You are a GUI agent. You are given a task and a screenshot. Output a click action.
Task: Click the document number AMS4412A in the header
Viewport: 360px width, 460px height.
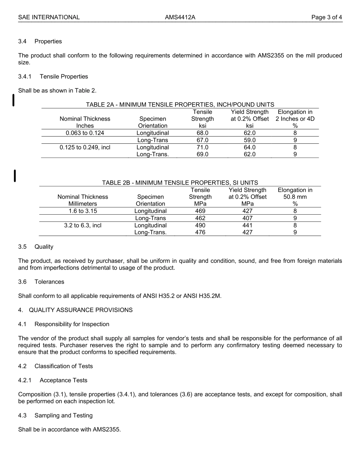180,17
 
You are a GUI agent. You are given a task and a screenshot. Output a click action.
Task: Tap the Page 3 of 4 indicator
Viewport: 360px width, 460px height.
327,17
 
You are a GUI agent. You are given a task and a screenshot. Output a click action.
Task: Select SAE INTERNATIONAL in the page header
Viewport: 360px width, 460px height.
49,17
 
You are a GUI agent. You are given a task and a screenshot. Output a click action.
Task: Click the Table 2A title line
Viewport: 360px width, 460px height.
180,105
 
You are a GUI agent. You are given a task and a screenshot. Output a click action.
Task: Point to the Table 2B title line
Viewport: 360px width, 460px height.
180,183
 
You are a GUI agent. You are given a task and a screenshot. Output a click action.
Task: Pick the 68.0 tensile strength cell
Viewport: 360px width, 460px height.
202,133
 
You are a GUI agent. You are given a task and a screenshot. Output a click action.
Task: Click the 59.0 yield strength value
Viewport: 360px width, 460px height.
249,140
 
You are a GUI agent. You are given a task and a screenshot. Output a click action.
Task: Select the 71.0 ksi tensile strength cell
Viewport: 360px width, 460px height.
202,148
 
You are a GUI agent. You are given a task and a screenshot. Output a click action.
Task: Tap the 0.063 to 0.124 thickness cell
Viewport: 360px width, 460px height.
85,133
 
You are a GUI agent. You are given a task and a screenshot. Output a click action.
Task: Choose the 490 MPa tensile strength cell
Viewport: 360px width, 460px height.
200,225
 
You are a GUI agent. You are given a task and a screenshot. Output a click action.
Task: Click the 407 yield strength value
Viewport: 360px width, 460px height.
247,218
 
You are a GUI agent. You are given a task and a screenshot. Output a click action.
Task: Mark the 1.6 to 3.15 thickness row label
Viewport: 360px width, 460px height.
83,211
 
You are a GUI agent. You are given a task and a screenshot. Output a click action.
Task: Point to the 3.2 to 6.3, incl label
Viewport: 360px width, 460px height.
83,225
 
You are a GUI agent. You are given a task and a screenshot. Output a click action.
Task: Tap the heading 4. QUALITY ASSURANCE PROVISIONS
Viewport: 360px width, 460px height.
75,310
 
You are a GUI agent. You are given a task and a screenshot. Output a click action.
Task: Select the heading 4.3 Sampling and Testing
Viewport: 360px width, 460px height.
55,416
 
